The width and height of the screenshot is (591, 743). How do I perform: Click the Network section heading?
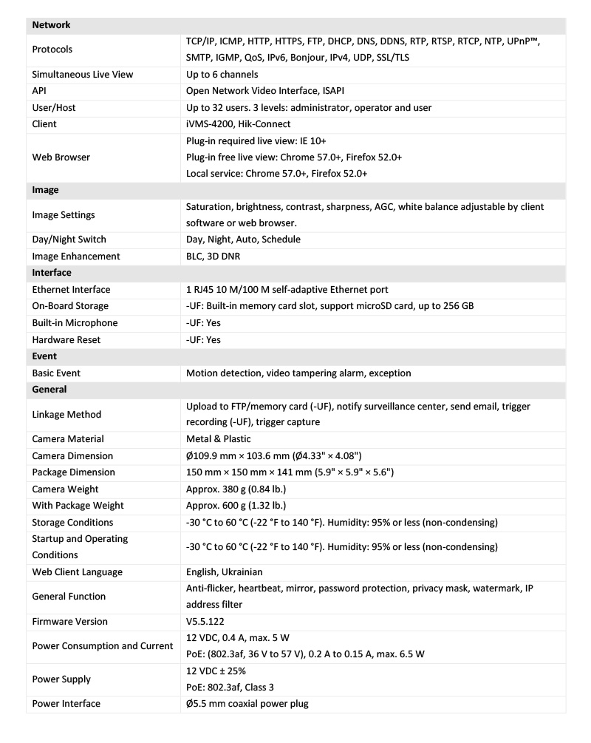51,25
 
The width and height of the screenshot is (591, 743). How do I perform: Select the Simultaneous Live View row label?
82,75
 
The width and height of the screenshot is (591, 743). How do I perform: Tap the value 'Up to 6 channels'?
222,75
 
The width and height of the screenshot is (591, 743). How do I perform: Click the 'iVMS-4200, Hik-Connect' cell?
238,124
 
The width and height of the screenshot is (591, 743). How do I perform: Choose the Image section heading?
45,190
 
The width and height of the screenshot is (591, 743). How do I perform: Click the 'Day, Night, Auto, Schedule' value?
243,240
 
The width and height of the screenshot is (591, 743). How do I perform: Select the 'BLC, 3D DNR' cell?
213,257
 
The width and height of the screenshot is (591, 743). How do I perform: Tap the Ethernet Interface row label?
71,290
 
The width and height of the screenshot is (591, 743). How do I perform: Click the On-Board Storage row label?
70,306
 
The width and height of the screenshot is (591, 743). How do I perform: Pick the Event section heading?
45,356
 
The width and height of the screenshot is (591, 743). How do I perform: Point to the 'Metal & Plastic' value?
218,439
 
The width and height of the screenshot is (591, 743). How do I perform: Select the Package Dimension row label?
73,472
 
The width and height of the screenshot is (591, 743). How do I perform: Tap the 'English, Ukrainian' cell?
224,572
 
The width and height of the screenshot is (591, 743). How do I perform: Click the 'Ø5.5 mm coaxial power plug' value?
247,704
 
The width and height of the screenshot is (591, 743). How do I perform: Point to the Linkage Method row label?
66,415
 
